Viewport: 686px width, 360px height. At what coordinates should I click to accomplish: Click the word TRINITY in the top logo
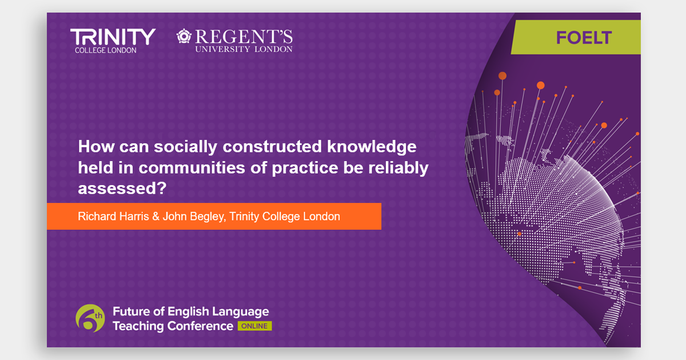(113, 37)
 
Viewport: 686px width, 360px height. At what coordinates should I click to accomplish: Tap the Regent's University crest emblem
(184, 36)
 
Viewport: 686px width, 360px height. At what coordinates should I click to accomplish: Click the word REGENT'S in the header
(244, 37)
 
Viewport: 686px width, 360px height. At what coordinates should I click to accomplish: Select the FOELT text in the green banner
(584, 38)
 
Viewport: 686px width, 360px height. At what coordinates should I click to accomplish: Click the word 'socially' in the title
(186, 147)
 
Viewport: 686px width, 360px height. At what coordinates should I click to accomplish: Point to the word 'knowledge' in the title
(372, 147)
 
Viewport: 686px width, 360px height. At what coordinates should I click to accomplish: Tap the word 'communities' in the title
(192, 168)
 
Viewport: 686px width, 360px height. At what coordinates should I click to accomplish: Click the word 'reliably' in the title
(398, 168)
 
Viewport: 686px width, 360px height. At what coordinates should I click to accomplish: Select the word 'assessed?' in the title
(122, 188)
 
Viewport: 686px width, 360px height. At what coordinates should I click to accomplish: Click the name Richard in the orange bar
(97, 217)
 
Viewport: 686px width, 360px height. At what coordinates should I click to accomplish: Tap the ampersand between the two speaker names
(156, 217)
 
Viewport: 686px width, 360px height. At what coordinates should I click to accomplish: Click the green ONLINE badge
(254, 326)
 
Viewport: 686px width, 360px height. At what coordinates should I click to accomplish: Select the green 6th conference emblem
(90, 318)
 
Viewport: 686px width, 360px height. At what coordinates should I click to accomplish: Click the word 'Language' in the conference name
(241, 312)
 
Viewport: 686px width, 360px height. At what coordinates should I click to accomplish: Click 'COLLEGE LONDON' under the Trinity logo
(106, 50)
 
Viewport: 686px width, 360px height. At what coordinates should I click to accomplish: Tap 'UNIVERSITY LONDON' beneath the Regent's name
(244, 49)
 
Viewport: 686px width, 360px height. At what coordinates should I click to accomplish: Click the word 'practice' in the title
(305, 168)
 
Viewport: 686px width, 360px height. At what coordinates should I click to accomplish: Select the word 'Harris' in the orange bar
(134, 217)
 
